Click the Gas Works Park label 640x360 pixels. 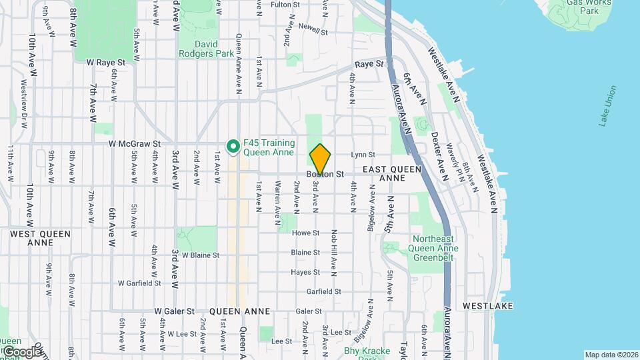coord(580,7)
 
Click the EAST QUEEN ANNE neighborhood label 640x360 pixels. coord(392,174)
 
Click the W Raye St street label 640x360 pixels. coord(106,62)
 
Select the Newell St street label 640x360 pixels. coord(313,31)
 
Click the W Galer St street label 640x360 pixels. coord(174,311)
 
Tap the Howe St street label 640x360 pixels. coord(306,233)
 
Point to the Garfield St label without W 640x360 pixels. coord(323,291)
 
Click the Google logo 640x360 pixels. coord(21,351)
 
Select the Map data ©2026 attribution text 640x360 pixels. coord(611,355)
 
